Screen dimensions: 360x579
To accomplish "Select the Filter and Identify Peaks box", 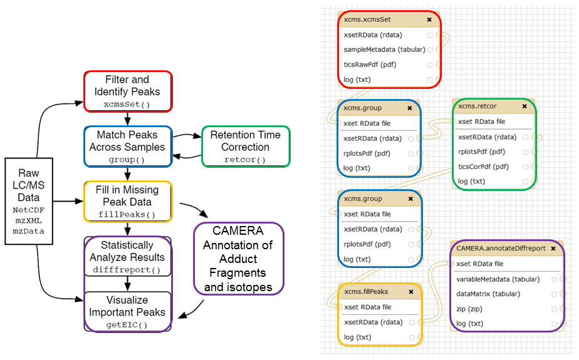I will pyautogui.click(x=127, y=91).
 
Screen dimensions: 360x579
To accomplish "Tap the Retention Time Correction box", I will pyautogui.click(x=245, y=147).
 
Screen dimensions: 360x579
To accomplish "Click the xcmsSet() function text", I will pyautogui.click(x=127, y=104).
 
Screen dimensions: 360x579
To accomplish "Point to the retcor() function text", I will pyautogui.click(x=245, y=160).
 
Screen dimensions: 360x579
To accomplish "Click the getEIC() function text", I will pyautogui.click(x=127, y=324).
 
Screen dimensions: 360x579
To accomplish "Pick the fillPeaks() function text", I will pyautogui.click(x=127, y=215).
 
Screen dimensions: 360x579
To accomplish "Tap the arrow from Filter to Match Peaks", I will pyautogui.click(x=127, y=119).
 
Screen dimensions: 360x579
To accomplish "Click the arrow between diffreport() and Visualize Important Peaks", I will pyautogui.click(x=127, y=284).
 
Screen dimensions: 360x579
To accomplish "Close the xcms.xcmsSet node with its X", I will pyautogui.click(x=429, y=19).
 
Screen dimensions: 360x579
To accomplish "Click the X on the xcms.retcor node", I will pyautogui.click(x=524, y=106).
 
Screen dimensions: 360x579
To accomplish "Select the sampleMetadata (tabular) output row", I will pyautogui.click(x=384, y=49).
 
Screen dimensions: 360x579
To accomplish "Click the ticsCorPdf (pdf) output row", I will pyautogui.click(x=483, y=167).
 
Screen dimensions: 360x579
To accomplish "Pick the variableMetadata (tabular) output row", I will pyautogui.click(x=497, y=279).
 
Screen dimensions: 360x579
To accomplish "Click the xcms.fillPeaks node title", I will pyautogui.click(x=366, y=292).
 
